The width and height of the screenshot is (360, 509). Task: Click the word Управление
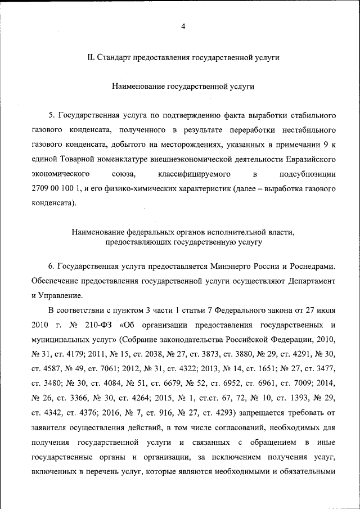pos(62,295)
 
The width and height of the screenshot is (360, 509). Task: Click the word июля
pos(326,310)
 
